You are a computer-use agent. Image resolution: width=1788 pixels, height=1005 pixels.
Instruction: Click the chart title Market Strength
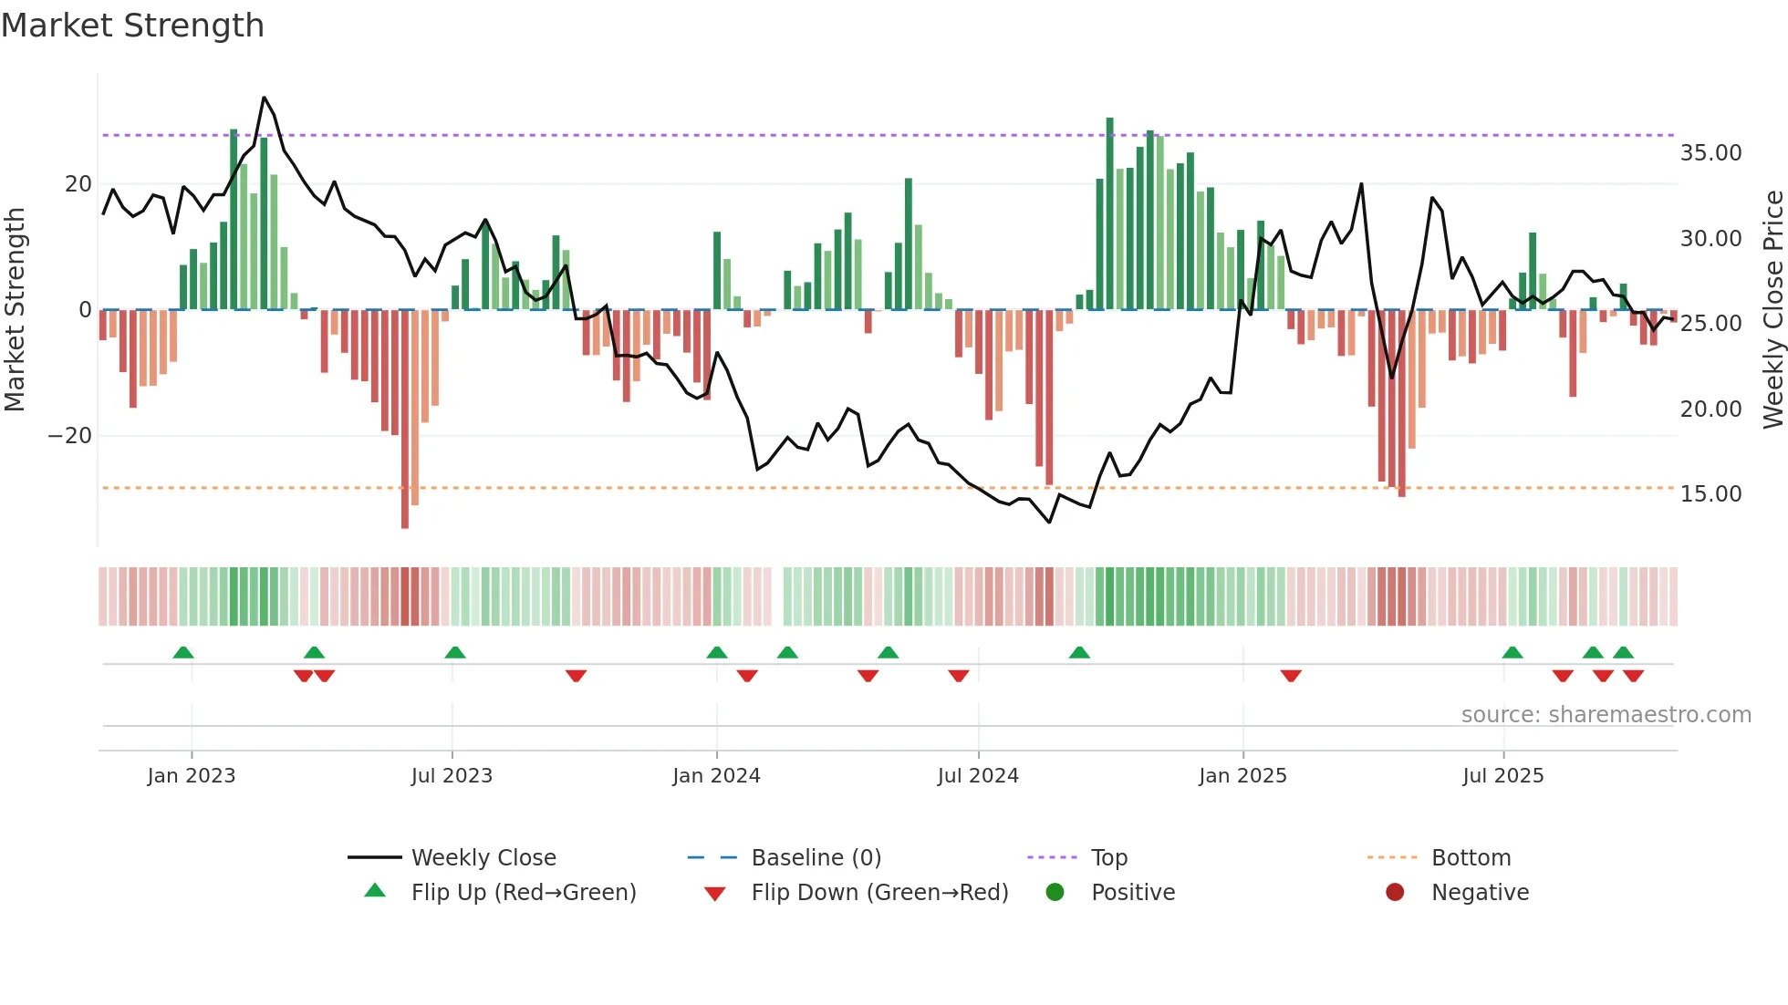[x=132, y=26]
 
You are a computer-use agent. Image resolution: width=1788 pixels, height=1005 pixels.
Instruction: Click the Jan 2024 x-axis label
[x=716, y=776]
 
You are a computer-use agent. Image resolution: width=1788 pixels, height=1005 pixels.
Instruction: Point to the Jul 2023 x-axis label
[x=452, y=776]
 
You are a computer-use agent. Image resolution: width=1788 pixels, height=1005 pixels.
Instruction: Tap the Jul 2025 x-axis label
[x=1502, y=776]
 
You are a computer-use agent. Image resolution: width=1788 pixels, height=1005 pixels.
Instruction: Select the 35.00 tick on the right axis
[x=1710, y=153]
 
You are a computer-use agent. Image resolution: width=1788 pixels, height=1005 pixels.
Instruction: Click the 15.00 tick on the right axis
[x=1710, y=494]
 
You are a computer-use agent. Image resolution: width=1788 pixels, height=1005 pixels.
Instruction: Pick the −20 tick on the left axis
[x=69, y=436]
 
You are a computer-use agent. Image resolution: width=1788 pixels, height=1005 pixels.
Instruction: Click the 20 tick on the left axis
[x=78, y=184]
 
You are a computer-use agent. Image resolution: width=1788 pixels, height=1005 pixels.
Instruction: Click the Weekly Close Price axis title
[x=1772, y=310]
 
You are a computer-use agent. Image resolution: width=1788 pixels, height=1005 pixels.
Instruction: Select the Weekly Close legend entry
[x=483, y=858]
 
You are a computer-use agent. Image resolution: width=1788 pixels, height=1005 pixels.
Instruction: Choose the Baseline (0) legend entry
[x=816, y=858]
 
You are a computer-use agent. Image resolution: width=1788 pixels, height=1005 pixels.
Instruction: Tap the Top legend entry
[x=1108, y=858]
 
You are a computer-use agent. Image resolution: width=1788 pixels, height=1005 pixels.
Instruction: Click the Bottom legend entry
[x=1471, y=858]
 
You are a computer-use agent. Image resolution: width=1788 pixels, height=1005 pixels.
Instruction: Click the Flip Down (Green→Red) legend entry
[x=878, y=893]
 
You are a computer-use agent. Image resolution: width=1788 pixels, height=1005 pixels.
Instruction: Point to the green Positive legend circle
[x=1055, y=893]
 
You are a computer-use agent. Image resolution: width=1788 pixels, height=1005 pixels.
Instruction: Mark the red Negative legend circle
[x=1395, y=893]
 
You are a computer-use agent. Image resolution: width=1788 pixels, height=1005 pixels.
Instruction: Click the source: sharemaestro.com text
[x=1606, y=715]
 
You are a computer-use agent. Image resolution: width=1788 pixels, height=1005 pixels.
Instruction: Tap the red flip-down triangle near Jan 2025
[x=1290, y=676]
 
